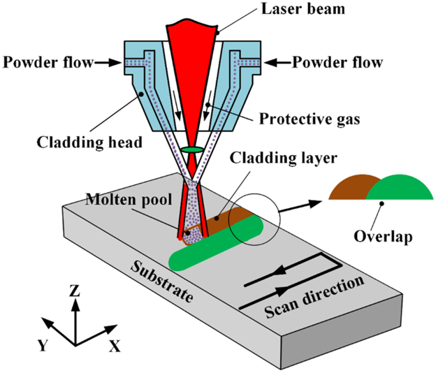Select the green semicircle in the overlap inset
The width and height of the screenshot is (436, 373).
396,187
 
